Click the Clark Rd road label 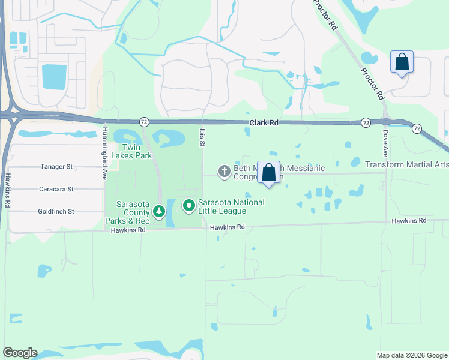point(265,123)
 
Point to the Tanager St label point(56,167)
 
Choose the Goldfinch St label point(56,211)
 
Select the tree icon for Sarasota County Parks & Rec point(159,211)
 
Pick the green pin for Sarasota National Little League point(189,206)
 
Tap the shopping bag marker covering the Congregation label point(269,173)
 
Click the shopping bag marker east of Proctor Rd point(402,62)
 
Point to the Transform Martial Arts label point(406,164)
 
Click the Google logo point(20,353)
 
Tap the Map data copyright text point(412,355)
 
